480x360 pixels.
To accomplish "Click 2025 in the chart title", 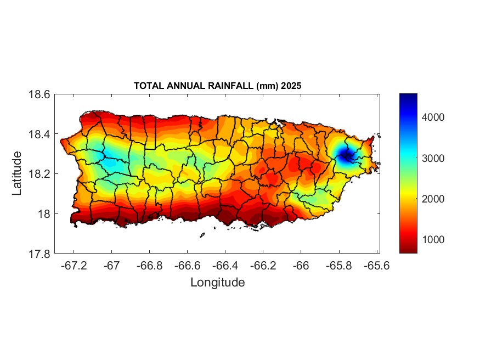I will point(291,86).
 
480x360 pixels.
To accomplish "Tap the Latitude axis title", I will point(17,173).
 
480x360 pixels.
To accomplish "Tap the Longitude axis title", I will point(217,283).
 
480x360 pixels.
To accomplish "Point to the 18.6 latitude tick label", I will point(39,94).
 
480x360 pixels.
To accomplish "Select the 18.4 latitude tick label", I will point(39,134).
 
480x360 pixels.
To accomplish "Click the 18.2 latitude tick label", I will point(39,174).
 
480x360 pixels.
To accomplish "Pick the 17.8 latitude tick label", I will point(39,254).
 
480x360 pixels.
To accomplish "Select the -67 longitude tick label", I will point(111,266).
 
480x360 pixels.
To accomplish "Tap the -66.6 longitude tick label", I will point(187,266).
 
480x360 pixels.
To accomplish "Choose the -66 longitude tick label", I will point(300,266).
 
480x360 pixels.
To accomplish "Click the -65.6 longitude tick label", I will point(375,266).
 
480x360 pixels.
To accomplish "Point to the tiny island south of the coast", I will point(202,235).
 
